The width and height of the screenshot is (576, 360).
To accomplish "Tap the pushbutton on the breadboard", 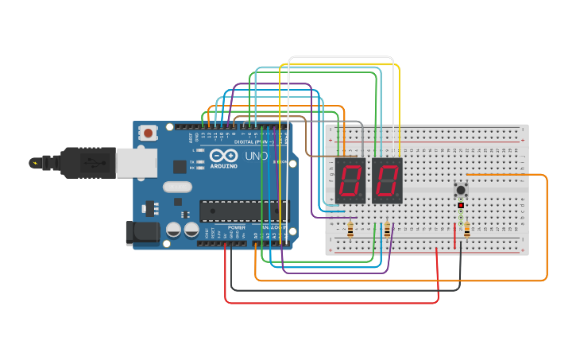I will (x=461, y=190).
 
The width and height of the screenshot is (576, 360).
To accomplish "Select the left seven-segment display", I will (x=351, y=180).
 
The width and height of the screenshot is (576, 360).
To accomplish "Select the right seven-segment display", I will (x=387, y=180).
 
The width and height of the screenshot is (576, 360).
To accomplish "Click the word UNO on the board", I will (x=257, y=155).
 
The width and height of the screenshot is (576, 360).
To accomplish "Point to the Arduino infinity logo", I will (x=224, y=155).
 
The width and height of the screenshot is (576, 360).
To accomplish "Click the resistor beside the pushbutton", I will (x=466, y=230).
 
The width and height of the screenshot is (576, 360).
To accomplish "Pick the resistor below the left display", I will (x=350, y=230).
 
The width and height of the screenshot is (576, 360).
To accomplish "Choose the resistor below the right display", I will (x=387, y=230).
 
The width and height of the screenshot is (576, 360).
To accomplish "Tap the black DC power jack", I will (x=141, y=232).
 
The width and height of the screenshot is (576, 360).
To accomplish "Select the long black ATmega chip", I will (x=244, y=211).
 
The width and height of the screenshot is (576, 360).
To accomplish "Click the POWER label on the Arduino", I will (x=237, y=227).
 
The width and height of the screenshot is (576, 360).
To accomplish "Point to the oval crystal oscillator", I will (x=177, y=188).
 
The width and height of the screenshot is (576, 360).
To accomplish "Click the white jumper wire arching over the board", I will (x=342, y=57).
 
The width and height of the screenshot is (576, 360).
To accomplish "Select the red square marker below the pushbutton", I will (x=461, y=205).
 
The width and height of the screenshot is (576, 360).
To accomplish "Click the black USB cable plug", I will (x=87, y=163).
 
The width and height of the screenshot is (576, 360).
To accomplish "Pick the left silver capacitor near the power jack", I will (x=173, y=230).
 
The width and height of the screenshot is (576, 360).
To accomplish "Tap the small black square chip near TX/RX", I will (x=180, y=166).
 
